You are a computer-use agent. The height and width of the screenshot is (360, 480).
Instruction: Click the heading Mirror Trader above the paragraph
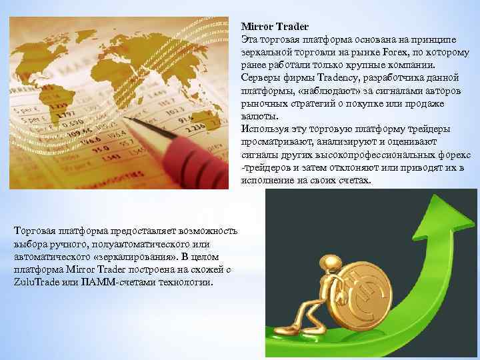point(275,27)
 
